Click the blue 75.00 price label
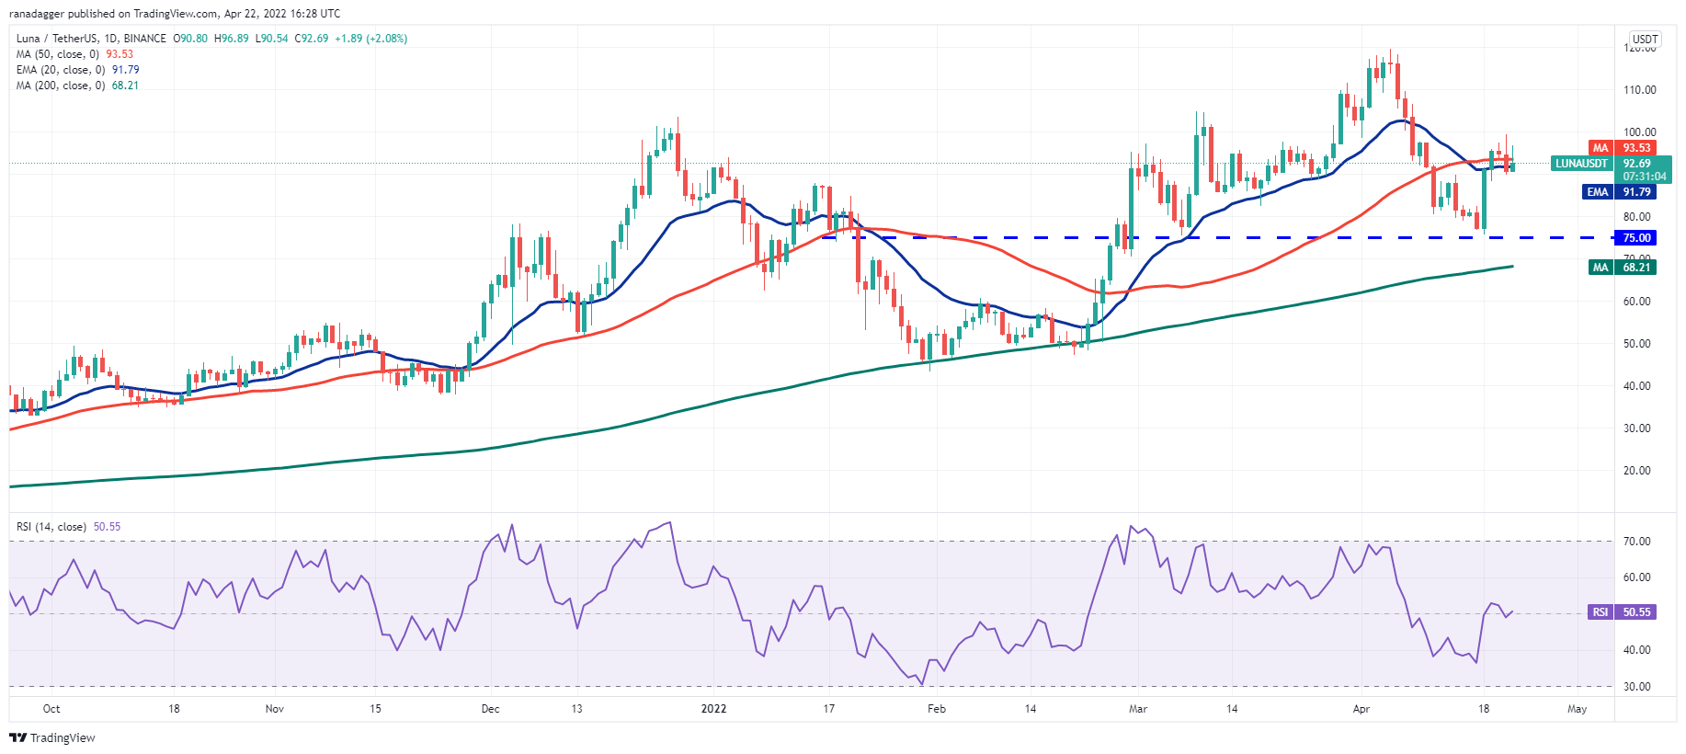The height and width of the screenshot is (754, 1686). (1635, 238)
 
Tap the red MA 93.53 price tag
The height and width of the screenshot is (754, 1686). (1623, 148)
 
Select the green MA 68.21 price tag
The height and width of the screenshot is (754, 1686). (1623, 268)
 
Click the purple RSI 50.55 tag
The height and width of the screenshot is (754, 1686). (1623, 612)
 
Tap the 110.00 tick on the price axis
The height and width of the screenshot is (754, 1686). (1639, 90)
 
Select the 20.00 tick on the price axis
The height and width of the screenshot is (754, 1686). (1636, 471)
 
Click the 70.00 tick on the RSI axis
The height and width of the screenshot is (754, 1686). (1636, 542)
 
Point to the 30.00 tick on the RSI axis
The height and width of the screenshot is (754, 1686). (1636, 687)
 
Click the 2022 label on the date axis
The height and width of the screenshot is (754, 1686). (713, 709)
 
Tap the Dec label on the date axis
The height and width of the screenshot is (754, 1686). (490, 709)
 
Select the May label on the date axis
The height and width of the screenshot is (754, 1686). (1577, 709)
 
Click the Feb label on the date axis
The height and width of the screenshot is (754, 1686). (936, 709)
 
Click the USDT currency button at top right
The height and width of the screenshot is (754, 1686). (1645, 40)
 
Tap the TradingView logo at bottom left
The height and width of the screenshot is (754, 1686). (52, 737)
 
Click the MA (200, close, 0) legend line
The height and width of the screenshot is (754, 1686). (77, 86)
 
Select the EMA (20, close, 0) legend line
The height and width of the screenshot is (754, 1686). (77, 70)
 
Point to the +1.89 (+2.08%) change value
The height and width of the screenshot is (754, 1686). (370, 39)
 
